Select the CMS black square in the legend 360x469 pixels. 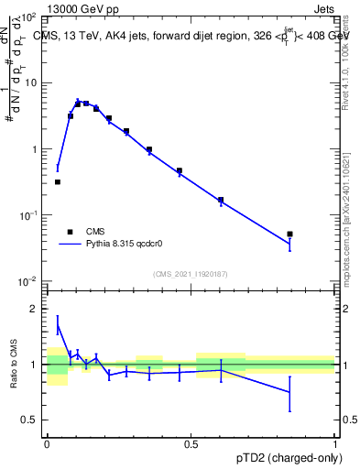70,232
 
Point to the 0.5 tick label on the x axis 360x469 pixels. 191,444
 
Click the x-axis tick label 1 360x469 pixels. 334,444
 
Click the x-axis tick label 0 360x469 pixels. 47,444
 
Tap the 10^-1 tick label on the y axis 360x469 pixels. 28,214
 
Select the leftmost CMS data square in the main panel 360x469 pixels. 58,182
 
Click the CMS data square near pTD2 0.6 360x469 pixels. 221,200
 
